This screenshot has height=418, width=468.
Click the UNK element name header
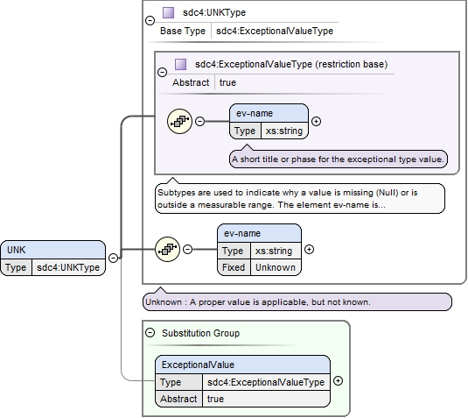click(x=52, y=250)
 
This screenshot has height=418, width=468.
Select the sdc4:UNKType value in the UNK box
click(x=68, y=267)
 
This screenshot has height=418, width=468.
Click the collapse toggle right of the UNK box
click(x=113, y=258)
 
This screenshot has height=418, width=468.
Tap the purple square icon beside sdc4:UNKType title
click(x=168, y=13)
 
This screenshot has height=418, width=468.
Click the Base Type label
click(x=183, y=31)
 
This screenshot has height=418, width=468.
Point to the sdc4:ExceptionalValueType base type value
click(x=275, y=31)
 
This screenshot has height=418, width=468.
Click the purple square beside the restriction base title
click(x=180, y=64)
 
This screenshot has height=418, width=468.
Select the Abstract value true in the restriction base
click(x=227, y=82)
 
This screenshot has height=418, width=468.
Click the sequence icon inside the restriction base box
click(x=179, y=121)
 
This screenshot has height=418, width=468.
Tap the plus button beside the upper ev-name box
click(x=316, y=121)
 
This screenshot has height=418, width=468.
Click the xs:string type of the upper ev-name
click(x=284, y=131)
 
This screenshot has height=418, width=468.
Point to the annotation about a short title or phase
click(x=339, y=159)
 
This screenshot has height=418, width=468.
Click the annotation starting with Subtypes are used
click(x=300, y=199)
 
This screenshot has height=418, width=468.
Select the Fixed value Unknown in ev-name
click(x=276, y=267)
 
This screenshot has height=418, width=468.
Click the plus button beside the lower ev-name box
click(x=309, y=249)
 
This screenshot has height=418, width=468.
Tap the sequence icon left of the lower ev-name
click(x=167, y=249)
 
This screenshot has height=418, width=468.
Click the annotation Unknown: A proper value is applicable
click(x=297, y=302)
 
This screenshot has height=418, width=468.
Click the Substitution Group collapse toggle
click(x=150, y=332)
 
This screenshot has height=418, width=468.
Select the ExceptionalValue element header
click(x=242, y=365)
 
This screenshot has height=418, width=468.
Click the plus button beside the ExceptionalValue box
click(x=338, y=380)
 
